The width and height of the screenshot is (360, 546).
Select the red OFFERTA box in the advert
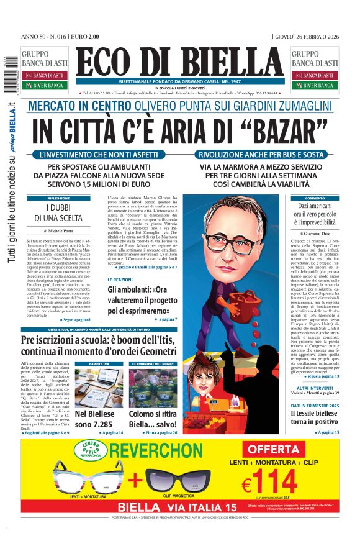tap(274, 449)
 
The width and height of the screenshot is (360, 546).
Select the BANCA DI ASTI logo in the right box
tap(315, 75)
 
